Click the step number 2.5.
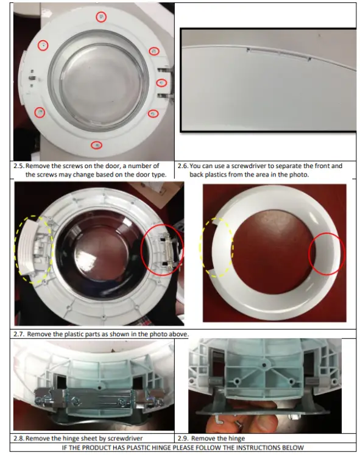[19, 165]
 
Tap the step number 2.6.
[182, 165]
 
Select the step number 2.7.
[20, 334]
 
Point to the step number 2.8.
[19, 438]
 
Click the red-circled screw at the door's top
[101, 17]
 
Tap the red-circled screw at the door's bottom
[96, 145]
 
